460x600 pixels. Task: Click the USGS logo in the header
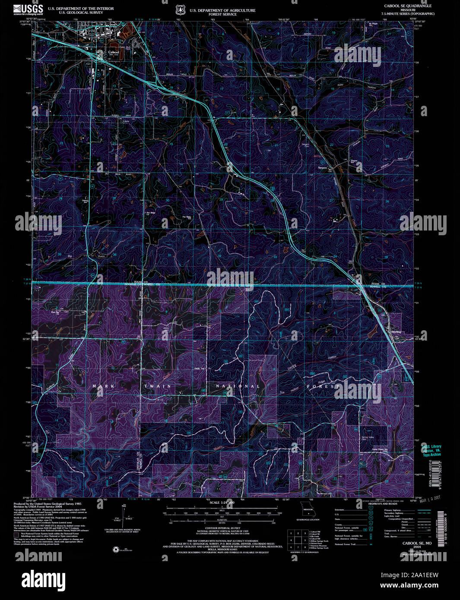point(28,9)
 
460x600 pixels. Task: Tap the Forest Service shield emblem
point(180,10)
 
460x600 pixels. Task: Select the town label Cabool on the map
point(113,52)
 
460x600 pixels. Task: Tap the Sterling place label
point(396,332)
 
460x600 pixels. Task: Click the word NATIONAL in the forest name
point(238,386)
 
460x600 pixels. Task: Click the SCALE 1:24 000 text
point(222,503)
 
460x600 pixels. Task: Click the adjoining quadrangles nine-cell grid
point(296,540)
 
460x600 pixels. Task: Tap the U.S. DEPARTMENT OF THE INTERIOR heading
point(81,9)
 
